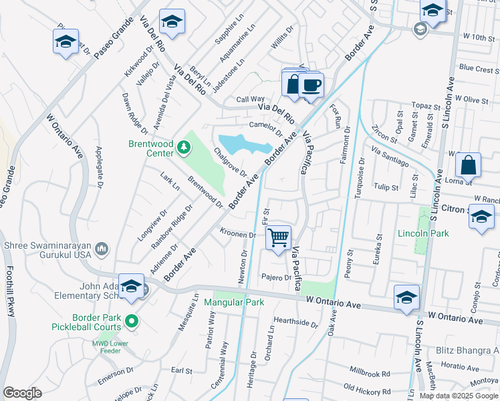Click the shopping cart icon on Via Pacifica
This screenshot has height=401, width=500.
[278, 237]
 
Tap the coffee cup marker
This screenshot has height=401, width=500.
[311, 86]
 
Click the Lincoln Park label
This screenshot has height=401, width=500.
[422, 233]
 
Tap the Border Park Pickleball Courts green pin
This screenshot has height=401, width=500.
[132, 321]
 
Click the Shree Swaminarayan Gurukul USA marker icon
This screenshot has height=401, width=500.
[102, 249]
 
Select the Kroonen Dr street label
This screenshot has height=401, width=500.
[238, 235]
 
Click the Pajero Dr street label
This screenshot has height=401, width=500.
[277, 277]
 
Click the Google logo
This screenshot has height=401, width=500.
[23, 393]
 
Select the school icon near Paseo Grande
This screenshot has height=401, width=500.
[66, 41]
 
